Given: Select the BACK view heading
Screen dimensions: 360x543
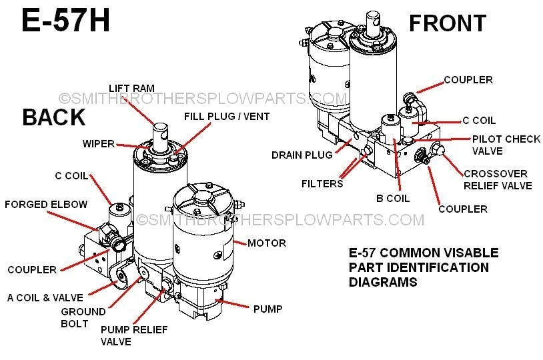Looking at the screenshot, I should point(53,117).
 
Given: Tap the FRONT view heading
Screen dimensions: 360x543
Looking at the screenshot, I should point(447,23).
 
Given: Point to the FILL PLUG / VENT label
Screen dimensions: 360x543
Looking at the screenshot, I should point(227,117).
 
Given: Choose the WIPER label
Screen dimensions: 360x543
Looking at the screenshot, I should point(98,143).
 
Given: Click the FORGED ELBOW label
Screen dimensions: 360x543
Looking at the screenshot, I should point(45,205).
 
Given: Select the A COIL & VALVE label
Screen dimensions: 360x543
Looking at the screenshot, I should point(45,298).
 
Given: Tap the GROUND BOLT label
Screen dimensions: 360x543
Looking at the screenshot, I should point(83,317).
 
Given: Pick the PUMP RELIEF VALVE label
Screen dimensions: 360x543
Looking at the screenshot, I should point(134,335).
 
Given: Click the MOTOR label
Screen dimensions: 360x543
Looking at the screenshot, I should point(266,243).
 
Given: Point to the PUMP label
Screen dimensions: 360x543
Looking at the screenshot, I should point(267,309).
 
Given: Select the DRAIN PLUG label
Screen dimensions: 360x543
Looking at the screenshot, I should point(302,155).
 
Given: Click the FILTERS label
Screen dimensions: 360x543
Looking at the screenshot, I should point(322,183).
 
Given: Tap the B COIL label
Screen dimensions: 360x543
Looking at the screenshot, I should point(392,198).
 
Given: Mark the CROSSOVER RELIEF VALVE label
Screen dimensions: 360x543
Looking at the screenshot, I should point(498,179).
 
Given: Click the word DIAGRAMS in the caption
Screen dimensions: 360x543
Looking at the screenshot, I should point(383,282).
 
